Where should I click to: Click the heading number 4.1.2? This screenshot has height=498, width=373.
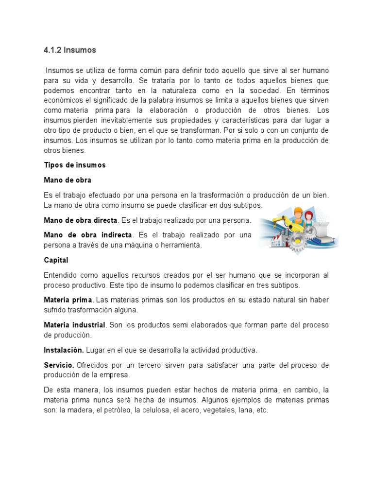pyautogui.click(x=52, y=50)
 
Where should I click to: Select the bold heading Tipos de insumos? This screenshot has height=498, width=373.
pyautogui.click(x=74, y=165)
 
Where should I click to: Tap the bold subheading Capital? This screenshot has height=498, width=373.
pyautogui.click(x=56, y=260)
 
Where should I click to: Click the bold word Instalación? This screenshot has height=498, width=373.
pyautogui.click(x=64, y=350)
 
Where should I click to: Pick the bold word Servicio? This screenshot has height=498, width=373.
pyautogui.click(x=59, y=365)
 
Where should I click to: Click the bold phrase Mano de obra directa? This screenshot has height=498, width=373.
pyautogui.click(x=81, y=220)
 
